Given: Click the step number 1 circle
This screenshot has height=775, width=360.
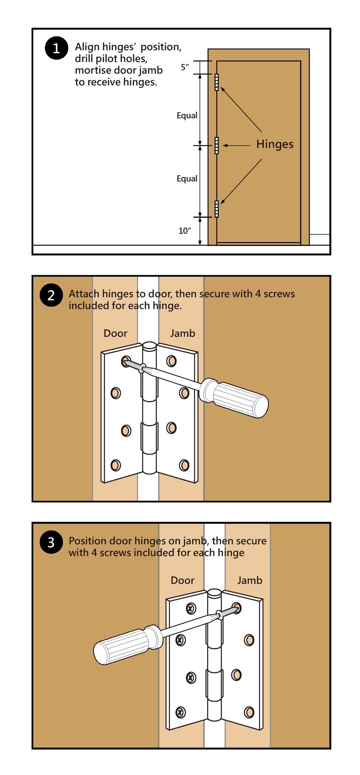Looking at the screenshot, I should (56, 48).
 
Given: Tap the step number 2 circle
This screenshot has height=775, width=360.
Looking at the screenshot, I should (51, 295).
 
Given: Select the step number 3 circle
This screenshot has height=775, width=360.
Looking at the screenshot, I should (51, 542).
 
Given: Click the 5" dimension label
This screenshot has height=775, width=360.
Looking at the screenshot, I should (185, 67).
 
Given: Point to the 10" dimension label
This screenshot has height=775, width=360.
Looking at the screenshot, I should (184, 231).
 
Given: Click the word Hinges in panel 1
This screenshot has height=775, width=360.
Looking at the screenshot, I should (275, 144).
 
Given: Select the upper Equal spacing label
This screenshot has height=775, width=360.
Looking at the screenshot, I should (187, 115).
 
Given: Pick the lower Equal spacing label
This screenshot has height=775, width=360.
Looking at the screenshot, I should (187, 178).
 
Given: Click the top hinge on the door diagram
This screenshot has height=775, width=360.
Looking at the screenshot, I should (217, 82).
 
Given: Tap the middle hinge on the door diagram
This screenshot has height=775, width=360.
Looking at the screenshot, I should (217, 145).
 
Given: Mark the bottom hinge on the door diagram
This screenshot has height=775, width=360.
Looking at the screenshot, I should (217, 209).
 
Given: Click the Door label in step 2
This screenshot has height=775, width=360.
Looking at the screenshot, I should (115, 333).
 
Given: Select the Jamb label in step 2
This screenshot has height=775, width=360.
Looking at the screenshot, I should (182, 333).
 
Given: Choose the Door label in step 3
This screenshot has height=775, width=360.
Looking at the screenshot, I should (182, 580).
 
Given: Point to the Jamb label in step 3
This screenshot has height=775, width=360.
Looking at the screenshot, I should (249, 580).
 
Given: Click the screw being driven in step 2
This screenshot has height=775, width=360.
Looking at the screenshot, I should (133, 364).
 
